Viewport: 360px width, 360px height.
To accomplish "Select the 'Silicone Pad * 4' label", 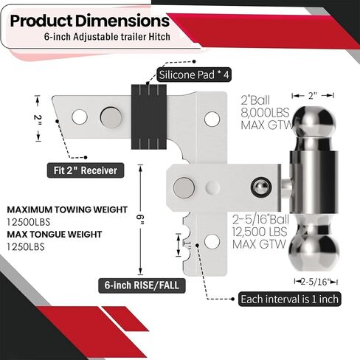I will pos(193,75).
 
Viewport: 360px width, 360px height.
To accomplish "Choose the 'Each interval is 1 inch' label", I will pos(290,300).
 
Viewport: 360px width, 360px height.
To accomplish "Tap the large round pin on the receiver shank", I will pos(111,116).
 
